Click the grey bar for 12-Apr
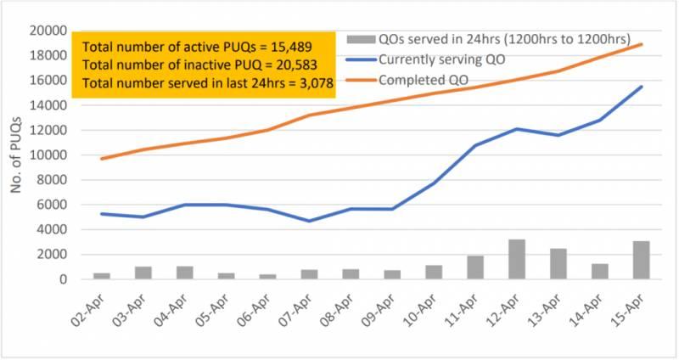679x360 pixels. pyautogui.click(x=516, y=260)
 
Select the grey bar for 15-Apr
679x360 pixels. pyautogui.click(x=641, y=261)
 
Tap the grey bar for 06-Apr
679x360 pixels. pyautogui.click(x=267, y=277)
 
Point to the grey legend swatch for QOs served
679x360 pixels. pyautogui.click(x=362, y=39)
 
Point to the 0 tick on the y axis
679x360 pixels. pyautogui.click(x=63, y=279)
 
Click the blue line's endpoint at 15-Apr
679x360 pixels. pyautogui.click(x=642, y=87)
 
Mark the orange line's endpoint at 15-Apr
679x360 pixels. pyautogui.click(x=642, y=44)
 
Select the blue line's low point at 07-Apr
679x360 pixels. pyautogui.click(x=309, y=221)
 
